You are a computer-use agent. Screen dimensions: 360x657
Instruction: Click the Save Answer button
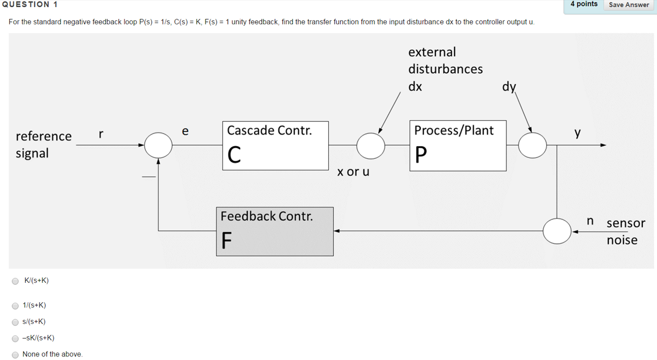point(629,5)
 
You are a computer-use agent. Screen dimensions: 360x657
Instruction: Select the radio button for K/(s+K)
point(15,281)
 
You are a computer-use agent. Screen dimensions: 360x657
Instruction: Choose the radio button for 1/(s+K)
point(15,306)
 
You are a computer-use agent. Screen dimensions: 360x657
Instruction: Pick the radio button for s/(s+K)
point(15,322)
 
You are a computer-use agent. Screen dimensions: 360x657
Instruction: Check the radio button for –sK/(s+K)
point(15,338)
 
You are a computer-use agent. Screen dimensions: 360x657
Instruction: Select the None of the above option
point(15,355)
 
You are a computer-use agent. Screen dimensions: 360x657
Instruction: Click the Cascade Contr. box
point(275,145)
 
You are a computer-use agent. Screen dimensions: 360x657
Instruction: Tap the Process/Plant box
point(458,146)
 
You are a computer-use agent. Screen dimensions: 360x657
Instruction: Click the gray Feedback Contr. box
point(275,231)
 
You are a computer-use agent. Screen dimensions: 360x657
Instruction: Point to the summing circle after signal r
point(159,145)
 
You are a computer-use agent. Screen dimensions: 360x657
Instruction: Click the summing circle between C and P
point(371,145)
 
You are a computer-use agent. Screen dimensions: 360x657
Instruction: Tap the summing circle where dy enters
point(533,145)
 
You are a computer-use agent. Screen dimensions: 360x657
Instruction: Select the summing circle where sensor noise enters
point(557,231)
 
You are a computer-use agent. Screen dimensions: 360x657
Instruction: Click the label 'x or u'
point(353,172)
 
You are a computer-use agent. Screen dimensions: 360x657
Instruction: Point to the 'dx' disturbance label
point(415,86)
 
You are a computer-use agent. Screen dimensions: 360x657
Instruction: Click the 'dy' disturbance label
point(509,87)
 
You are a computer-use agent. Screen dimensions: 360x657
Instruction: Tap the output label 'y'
point(577,133)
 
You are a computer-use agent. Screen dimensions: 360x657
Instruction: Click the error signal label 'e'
point(185,132)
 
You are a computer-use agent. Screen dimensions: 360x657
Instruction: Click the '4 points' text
point(584,4)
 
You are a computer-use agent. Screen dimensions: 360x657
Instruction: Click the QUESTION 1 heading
point(29,5)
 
